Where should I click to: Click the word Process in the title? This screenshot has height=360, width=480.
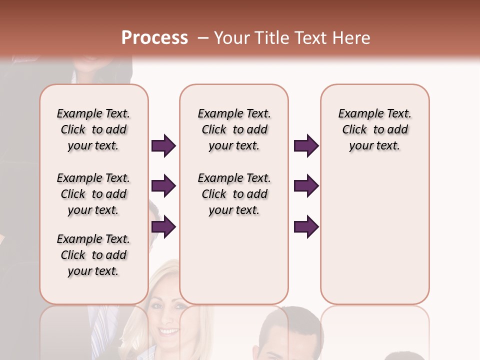(x=154, y=37)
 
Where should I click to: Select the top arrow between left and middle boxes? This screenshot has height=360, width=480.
(x=163, y=146)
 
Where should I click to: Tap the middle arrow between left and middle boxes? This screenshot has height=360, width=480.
(x=163, y=186)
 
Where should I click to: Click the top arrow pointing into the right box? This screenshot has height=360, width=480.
(x=306, y=146)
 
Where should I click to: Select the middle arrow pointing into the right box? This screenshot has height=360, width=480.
(x=306, y=186)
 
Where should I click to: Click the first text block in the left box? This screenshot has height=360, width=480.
(x=93, y=129)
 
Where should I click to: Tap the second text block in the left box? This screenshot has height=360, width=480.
(x=93, y=194)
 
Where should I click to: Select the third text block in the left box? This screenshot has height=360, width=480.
(x=93, y=255)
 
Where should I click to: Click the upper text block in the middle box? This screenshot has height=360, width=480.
(x=234, y=129)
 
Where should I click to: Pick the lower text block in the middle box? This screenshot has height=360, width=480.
(x=234, y=194)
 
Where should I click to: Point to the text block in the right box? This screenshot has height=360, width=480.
(x=374, y=129)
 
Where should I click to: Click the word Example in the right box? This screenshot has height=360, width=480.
(x=358, y=113)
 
